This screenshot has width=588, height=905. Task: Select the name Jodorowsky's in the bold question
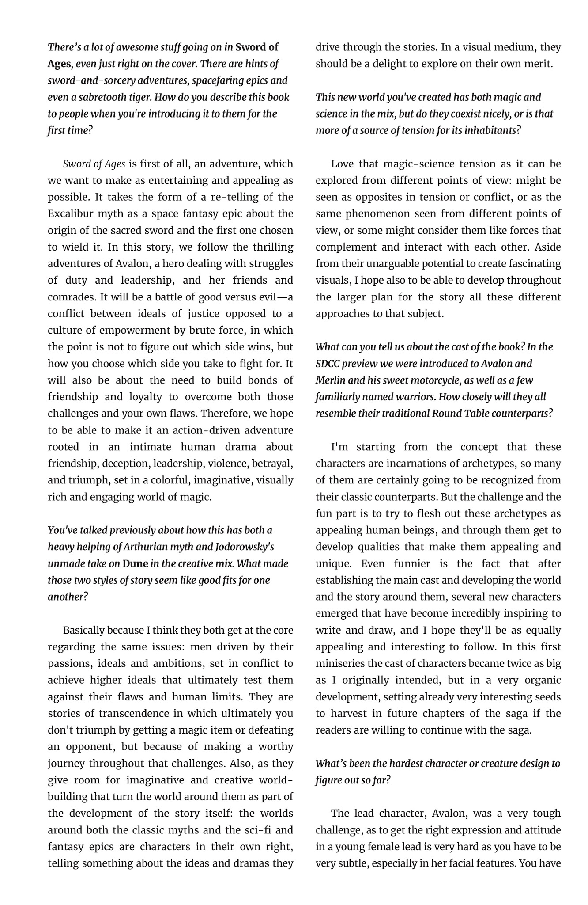pos(245,547)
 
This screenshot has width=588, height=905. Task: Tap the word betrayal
pos(274,464)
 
